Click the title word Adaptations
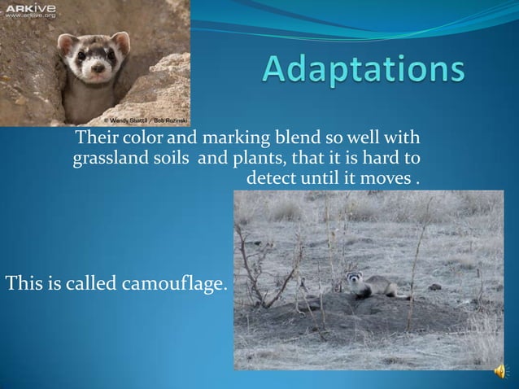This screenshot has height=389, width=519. click(x=364, y=72)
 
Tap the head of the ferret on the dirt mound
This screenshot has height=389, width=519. click(x=355, y=279)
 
